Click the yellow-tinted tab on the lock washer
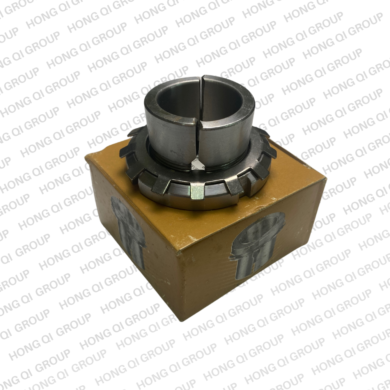pyautogui.click(x=197, y=192)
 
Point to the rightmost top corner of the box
pyautogui.click(x=325, y=178)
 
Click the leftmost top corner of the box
pyautogui.click(x=85, y=157)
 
